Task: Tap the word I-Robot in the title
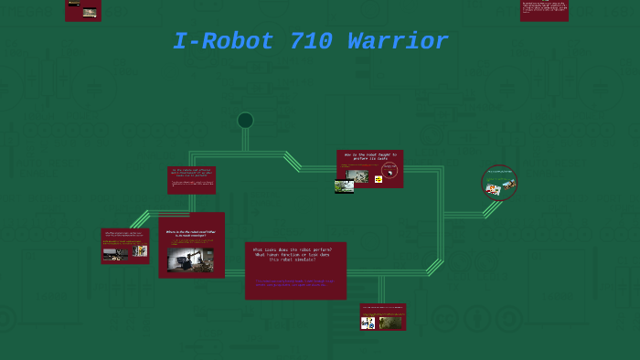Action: click(x=224, y=42)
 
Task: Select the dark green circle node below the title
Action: click(x=245, y=121)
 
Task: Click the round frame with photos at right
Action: click(x=499, y=183)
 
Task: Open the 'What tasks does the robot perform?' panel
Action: click(x=295, y=270)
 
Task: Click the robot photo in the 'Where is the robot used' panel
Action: click(x=190, y=259)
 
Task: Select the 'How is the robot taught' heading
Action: click(x=370, y=156)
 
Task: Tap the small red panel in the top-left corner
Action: click(x=83, y=10)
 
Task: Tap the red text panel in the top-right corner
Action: click(x=544, y=10)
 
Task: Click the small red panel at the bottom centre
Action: click(x=382, y=317)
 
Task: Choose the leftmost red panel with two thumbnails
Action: click(x=125, y=247)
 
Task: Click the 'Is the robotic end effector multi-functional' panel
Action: click(x=192, y=179)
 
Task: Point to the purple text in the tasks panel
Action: click(x=294, y=283)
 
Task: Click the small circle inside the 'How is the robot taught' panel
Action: click(x=389, y=170)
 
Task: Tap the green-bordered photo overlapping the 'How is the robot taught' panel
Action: click(x=344, y=186)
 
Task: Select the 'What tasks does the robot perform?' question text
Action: click(x=293, y=254)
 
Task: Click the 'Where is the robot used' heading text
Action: click(x=190, y=234)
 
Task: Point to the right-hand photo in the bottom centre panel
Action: click(x=391, y=322)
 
